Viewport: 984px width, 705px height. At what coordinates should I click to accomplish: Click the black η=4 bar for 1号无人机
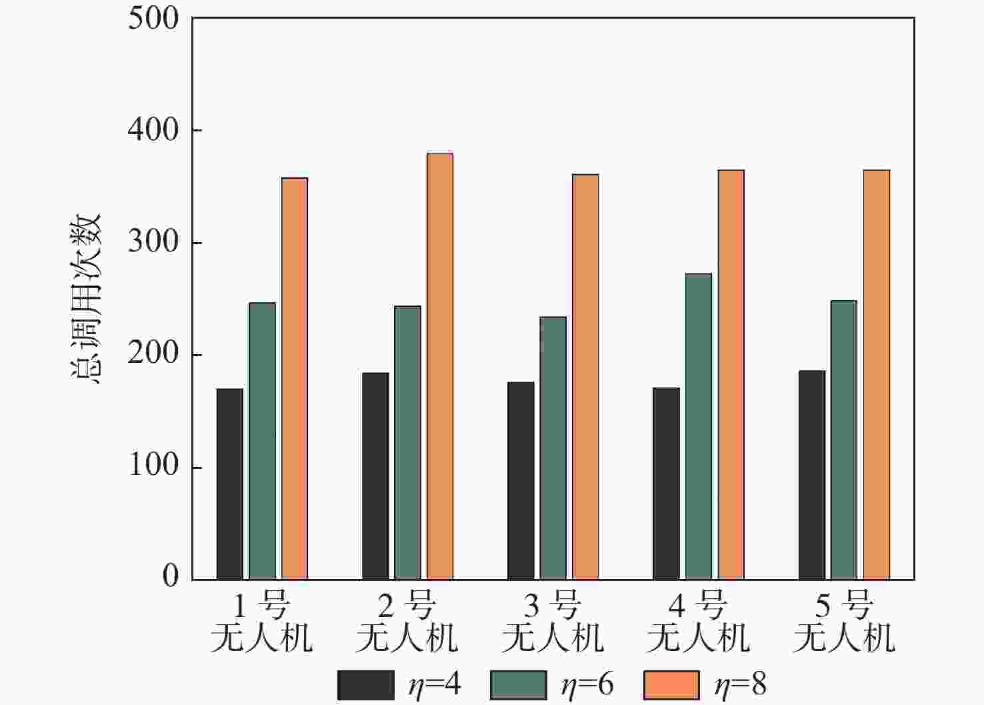(230, 484)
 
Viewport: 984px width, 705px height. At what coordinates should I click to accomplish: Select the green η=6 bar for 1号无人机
(262, 441)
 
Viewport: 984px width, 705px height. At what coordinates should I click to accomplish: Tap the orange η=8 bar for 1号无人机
(294, 378)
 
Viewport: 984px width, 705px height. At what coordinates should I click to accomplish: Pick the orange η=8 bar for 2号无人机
(439, 366)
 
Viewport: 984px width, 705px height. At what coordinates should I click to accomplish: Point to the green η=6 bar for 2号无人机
(407, 442)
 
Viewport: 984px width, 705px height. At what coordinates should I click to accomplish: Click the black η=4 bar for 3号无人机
(521, 480)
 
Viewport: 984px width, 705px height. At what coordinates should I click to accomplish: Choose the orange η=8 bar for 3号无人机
(585, 377)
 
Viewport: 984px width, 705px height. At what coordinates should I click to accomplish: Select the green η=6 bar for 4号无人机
(698, 426)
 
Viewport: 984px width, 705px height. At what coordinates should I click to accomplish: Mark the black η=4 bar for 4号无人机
(666, 484)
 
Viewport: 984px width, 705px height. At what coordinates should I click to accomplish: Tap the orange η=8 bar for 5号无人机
(876, 374)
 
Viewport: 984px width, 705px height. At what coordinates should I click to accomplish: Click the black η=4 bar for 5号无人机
(811, 475)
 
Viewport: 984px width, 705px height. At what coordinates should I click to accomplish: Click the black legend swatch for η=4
(365, 685)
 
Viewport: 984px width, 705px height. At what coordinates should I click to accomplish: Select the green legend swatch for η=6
(518, 685)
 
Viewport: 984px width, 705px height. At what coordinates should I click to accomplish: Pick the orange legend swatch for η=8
(671, 685)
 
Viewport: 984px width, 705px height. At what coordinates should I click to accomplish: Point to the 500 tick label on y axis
(153, 19)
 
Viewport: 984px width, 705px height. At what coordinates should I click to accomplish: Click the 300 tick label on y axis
(153, 242)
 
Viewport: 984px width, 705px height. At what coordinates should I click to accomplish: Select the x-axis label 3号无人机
(553, 622)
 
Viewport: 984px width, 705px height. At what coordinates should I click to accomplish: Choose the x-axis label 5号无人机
(844, 622)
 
